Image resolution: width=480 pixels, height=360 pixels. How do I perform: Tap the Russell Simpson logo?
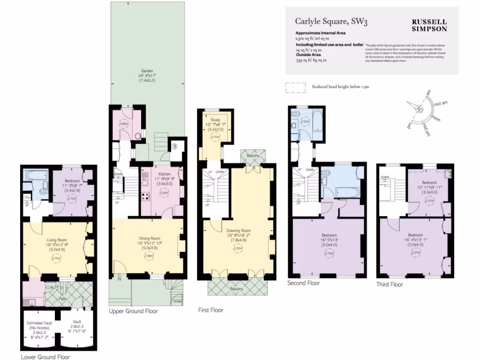(429, 25)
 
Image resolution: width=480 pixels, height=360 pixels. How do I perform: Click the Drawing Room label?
(239, 230)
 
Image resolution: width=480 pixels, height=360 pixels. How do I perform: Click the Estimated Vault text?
(39, 323)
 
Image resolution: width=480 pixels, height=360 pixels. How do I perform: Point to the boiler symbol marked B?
(175, 146)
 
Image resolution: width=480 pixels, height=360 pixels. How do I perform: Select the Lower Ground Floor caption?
(45, 357)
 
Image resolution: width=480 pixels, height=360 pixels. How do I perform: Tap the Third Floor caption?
(390, 284)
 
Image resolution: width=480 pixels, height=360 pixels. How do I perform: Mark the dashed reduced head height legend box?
(295, 87)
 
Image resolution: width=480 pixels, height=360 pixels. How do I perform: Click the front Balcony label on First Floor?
(237, 289)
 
